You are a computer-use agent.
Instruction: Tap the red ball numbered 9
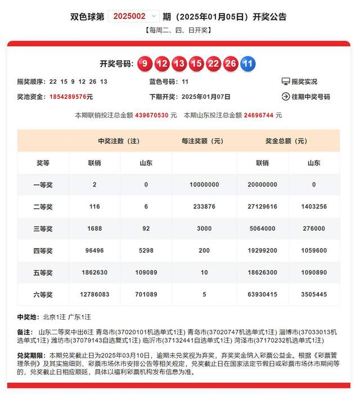145,64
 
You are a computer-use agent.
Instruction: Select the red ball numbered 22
213,64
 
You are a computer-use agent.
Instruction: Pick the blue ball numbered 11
247,64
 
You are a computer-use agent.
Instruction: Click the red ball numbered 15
196,64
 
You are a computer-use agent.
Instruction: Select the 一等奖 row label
43,185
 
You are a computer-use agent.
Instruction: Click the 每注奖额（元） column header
204,141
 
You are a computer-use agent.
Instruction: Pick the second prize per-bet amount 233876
204,207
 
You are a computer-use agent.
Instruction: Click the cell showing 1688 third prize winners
94,229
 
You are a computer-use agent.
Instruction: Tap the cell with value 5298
146,250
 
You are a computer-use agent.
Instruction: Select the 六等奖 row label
43,294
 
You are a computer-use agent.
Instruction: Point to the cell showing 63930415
262,294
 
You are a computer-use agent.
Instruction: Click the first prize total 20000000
262,185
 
